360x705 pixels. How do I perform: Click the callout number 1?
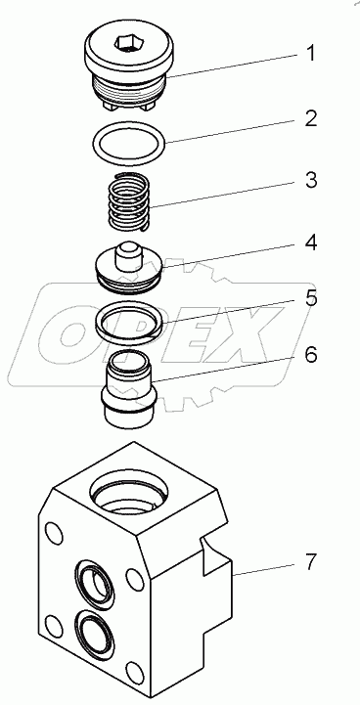(x=309, y=54)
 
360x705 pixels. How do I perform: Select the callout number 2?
(x=309, y=118)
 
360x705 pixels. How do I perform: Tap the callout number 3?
(x=309, y=180)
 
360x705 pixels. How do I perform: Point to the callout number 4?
(x=309, y=242)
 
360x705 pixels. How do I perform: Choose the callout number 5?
(x=310, y=298)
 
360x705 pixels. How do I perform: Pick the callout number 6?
(x=310, y=355)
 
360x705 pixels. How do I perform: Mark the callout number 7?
(x=309, y=562)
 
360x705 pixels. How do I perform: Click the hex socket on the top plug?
(x=129, y=43)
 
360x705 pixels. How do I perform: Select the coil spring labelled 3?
(x=129, y=201)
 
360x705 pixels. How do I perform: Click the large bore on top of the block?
(x=129, y=496)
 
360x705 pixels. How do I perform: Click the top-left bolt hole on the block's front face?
(x=53, y=532)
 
